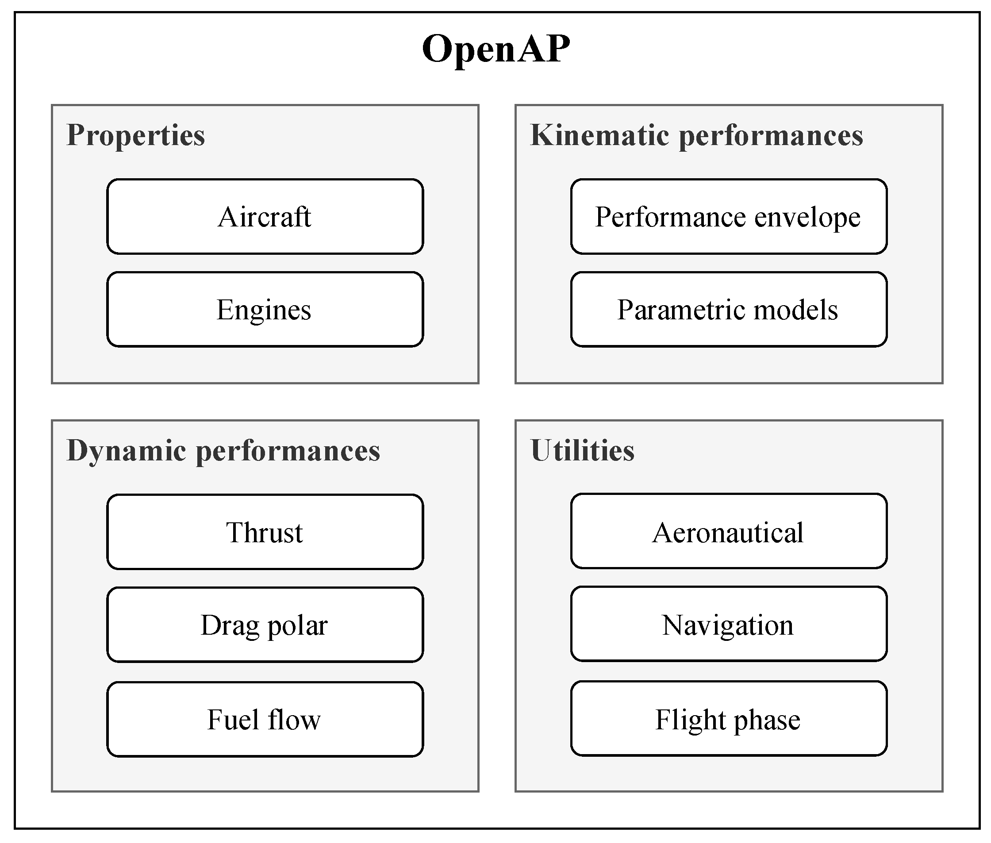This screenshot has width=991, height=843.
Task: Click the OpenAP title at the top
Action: click(x=496, y=49)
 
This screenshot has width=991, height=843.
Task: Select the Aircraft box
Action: click(x=265, y=216)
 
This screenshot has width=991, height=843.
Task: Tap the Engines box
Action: click(x=265, y=309)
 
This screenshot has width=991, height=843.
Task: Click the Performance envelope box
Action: click(x=728, y=216)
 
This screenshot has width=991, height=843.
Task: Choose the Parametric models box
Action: click(x=728, y=309)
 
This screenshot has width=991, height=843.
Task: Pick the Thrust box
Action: click(x=265, y=532)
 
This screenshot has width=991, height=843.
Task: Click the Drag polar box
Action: click(x=265, y=624)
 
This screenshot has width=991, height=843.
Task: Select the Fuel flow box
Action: click(x=265, y=719)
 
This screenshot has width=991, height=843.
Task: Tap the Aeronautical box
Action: click(x=728, y=532)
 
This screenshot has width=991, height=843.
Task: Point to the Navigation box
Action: click(x=728, y=624)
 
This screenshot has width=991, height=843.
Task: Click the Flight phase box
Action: click(x=728, y=719)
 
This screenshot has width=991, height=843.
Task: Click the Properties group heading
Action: click(x=136, y=135)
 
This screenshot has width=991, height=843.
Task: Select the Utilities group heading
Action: click(x=582, y=450)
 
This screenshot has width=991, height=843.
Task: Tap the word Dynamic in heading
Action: click(x=127, y=450)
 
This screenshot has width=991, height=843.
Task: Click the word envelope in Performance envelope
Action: click(x=807, y=218)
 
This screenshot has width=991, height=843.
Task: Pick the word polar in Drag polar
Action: click(x=297, y=625)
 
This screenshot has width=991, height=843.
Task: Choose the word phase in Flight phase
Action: click(x=767, y=720)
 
